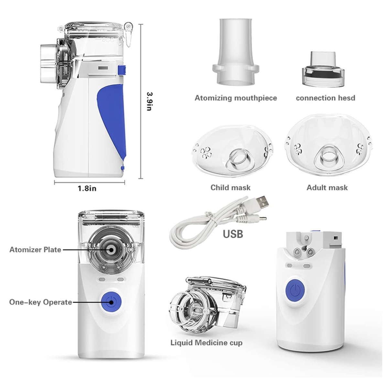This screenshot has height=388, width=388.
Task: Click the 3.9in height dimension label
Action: click(x=149, y=101)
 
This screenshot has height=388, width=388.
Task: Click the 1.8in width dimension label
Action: click(x=87, y=188)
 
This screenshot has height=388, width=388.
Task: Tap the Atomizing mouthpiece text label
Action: click(x=236, y=98)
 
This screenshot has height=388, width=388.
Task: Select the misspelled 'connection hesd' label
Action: click(x=325, y=98)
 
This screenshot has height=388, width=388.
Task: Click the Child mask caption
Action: click(x=231, y=188)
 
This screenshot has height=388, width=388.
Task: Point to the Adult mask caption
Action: click(x=327, y=188)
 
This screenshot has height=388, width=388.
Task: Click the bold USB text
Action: click(x=233, y=234)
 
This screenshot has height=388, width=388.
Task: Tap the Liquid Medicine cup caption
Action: click(x=206, y=343)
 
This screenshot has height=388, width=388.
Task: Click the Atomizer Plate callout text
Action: click(x=35, y=250)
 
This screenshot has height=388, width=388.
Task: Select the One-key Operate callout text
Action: click(x=40, y=302)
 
